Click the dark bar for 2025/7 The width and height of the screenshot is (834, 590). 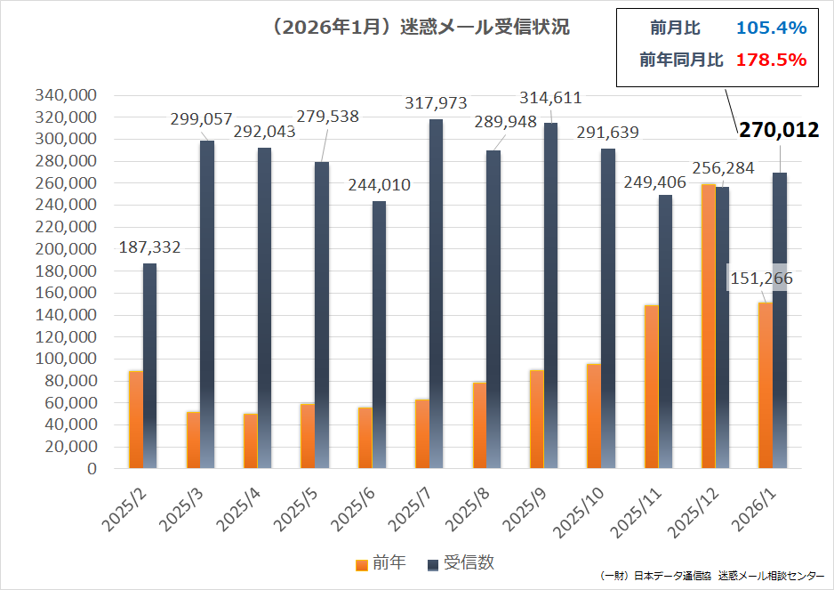coord(436,294)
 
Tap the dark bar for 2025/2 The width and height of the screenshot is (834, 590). coord(149,365)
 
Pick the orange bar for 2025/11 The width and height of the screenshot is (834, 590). coord(651,386)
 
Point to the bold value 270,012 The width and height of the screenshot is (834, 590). coord(778,131)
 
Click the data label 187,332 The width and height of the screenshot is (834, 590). coord(149,247)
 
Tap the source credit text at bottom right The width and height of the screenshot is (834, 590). coord(711,577)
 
